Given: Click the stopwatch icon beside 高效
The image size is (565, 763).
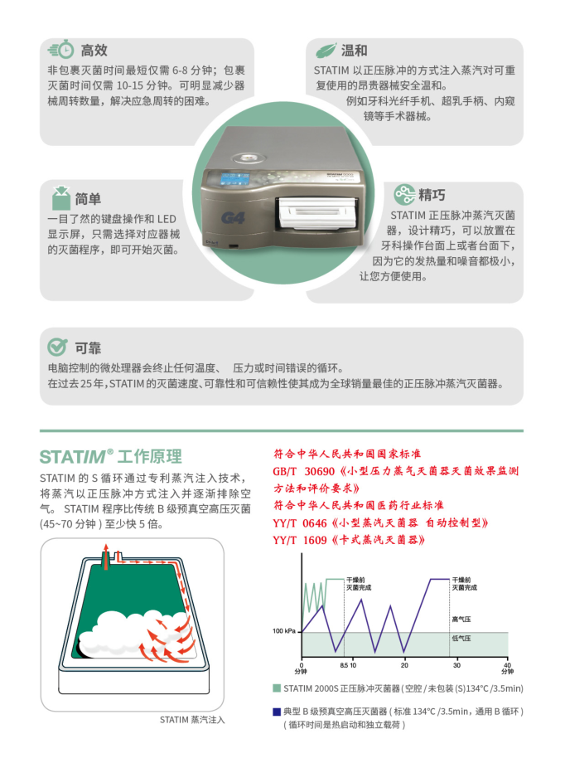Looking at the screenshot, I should [x=60, y=50].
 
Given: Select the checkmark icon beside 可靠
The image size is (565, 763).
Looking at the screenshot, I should [x=57, y=347].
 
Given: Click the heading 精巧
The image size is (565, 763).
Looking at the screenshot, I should [x=432, y=195].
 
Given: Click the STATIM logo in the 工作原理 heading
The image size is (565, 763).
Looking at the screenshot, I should [x=76, y=457].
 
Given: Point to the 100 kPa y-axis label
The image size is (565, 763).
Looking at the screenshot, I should [x=284, y=631].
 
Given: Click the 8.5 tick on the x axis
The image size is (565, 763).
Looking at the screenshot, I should [x=343, y=666].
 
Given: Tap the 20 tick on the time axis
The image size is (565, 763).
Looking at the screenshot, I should [x=404, y=666].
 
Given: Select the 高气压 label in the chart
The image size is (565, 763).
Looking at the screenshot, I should [x=461, y=619].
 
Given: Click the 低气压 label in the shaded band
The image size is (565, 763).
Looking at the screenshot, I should [x=461, y=639].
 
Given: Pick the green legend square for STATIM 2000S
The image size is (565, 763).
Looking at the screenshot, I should [x=277, y=688].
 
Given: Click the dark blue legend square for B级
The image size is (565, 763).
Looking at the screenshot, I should [x=277, y=712].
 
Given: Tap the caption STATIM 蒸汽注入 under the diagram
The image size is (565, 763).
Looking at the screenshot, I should [x=192, y=719].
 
